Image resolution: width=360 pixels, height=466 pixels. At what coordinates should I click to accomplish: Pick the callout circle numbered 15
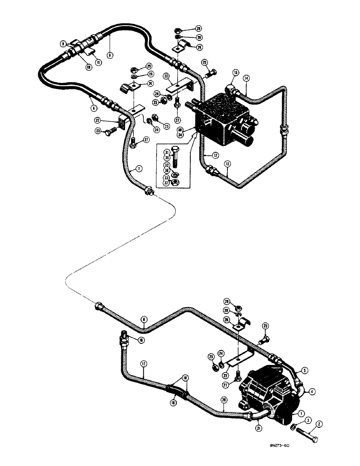tap(236, 73)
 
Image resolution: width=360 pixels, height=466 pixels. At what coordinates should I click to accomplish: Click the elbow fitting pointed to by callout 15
tap(233, 88)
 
